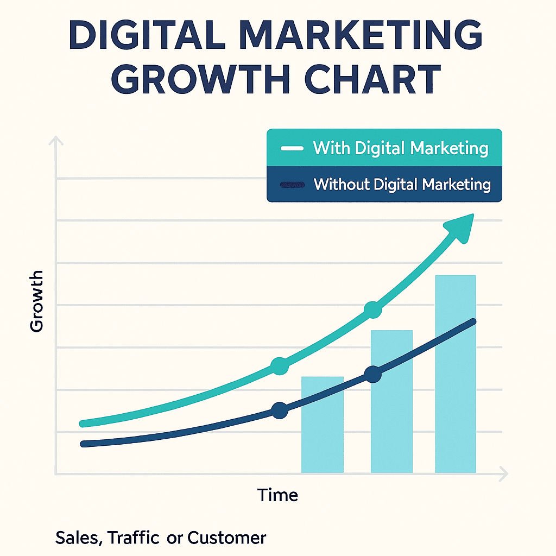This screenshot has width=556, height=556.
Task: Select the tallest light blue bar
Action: point(456,375)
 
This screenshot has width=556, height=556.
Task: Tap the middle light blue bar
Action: point(391,402)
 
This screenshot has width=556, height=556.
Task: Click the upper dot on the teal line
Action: point(372,310)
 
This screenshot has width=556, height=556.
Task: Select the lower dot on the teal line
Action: point(279,366)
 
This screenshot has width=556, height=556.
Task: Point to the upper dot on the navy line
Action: point(372,374)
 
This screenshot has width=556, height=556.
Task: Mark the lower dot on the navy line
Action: point(279,410)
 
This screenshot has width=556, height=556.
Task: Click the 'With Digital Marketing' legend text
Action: point(401,148)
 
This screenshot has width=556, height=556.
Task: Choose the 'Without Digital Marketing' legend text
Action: point(402,185)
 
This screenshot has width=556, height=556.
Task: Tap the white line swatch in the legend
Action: point(292,149)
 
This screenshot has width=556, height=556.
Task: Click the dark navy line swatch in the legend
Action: point(292,185)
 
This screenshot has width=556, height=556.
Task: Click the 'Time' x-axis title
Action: point(277,495)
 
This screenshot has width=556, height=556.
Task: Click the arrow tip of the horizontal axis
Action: point(506,473)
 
